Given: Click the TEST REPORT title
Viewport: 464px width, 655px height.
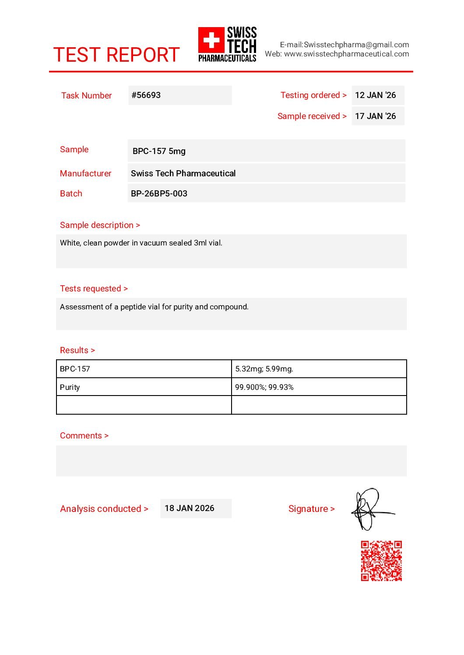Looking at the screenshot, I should tap(116, 55).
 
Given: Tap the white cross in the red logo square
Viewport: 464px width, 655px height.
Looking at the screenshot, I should tap(211, 40).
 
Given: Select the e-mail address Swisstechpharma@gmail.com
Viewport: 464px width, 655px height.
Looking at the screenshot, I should tap(356, 45).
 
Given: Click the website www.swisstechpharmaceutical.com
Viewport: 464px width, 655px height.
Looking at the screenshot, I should tap(346, 54).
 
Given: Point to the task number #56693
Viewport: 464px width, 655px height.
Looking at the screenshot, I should tap(146, 95).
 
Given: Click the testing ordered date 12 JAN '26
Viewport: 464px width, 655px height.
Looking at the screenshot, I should tap(375, 95).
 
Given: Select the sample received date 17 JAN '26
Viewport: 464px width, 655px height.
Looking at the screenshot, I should tap(375, 116).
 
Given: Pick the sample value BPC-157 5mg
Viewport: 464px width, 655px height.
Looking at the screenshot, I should tap(159, 151).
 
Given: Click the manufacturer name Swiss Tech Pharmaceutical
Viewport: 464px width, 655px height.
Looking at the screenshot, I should tap(183, 173).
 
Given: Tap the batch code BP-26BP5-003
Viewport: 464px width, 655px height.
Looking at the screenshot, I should tap(159, 193).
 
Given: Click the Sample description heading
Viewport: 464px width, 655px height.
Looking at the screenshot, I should tap(100, 225).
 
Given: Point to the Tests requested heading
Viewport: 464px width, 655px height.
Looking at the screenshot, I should tap(94, 288).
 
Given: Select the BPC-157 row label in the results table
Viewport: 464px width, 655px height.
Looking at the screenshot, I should tap(75, 369).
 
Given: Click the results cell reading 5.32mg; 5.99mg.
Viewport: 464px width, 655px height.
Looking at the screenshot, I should tap(264, 369).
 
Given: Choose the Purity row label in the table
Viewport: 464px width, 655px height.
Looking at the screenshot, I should tap(70, 387).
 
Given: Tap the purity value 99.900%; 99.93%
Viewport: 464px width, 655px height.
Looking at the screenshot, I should tap(264, 387).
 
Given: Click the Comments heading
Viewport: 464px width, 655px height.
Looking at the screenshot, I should tap(84, 435).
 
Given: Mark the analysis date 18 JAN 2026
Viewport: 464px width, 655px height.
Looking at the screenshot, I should tap(190, 508).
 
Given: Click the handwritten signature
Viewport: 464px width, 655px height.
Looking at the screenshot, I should tap(370, 509).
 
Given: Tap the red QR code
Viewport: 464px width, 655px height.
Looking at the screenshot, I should tap(381, 561).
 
